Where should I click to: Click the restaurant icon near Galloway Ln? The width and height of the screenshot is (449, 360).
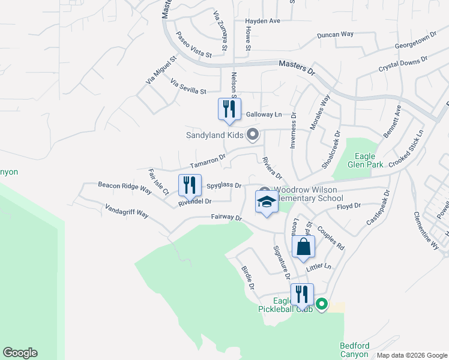227,109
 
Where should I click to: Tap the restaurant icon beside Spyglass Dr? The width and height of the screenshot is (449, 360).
190,185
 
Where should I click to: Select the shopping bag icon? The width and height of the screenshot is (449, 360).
303,246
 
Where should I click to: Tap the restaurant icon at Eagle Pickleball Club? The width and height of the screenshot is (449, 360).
301,294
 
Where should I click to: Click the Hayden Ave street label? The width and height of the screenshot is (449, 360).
263,21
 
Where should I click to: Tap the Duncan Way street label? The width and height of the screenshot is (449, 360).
336,35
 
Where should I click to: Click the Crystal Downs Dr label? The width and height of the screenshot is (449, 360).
402,65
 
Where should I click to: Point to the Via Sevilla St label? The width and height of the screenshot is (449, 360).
188,86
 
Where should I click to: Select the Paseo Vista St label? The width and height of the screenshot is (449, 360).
193,46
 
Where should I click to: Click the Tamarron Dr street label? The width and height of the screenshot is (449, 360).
207,161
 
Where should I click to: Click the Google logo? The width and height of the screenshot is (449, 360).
20,353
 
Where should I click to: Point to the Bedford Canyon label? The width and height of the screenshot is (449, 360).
354,350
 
